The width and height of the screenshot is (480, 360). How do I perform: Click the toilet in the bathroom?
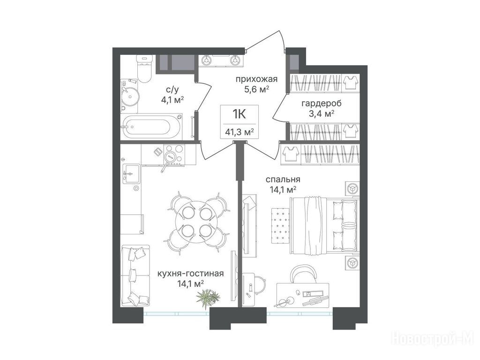click(x=144, y=68)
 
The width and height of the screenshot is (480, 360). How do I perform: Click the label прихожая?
click(x=256, y=79)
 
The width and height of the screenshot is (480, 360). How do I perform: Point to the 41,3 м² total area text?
click(x=240, y=132)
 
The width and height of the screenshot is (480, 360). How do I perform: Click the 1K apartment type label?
click(x=240, y=114)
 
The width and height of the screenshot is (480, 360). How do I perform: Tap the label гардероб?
click(x=322, y=104)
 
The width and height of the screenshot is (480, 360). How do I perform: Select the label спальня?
click(x=283, y=180)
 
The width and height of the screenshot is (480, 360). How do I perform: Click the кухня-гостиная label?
click(x=190, y=273)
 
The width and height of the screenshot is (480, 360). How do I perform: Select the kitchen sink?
click(x=131, y=173)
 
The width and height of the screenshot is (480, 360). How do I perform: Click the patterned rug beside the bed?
click(x=280, y=225)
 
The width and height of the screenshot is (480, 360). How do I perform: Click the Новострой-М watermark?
click(x=433, y=339)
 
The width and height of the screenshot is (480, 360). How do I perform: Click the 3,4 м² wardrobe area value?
click(x=321, y=114)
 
